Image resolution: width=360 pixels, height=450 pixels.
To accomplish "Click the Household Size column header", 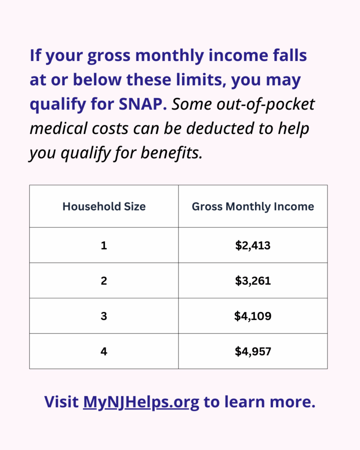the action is tap(104, 207).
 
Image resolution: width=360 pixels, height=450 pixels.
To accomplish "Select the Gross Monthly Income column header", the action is tap(253, 207).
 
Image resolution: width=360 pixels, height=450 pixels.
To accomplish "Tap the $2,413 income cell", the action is tap(253, 245).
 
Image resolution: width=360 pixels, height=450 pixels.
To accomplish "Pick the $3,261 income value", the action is tap(253, 281).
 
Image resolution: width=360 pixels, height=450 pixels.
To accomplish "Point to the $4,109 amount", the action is tap(253, 316).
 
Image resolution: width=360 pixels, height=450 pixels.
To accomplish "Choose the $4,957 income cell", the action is tap(253, 351).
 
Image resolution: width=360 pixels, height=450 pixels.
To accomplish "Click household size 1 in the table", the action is tap(104, 245).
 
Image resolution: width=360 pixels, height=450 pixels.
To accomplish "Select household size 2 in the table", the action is tap(104, 281).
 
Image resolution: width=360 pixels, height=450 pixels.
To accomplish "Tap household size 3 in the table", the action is tap(104, 316).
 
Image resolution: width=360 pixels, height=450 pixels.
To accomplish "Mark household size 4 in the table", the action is tap(104, 351).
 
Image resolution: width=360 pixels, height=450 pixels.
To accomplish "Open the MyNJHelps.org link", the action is tap(141, 403).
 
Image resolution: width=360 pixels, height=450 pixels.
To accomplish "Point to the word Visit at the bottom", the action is tap(62, 402).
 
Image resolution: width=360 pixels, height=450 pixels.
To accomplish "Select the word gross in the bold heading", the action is tap(109, 56).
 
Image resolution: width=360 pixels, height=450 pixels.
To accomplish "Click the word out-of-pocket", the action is tap(265, 105).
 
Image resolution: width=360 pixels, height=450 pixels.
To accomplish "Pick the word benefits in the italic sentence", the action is tap(171, 152).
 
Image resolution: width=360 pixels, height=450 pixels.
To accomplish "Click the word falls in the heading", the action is tap(290, 55).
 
